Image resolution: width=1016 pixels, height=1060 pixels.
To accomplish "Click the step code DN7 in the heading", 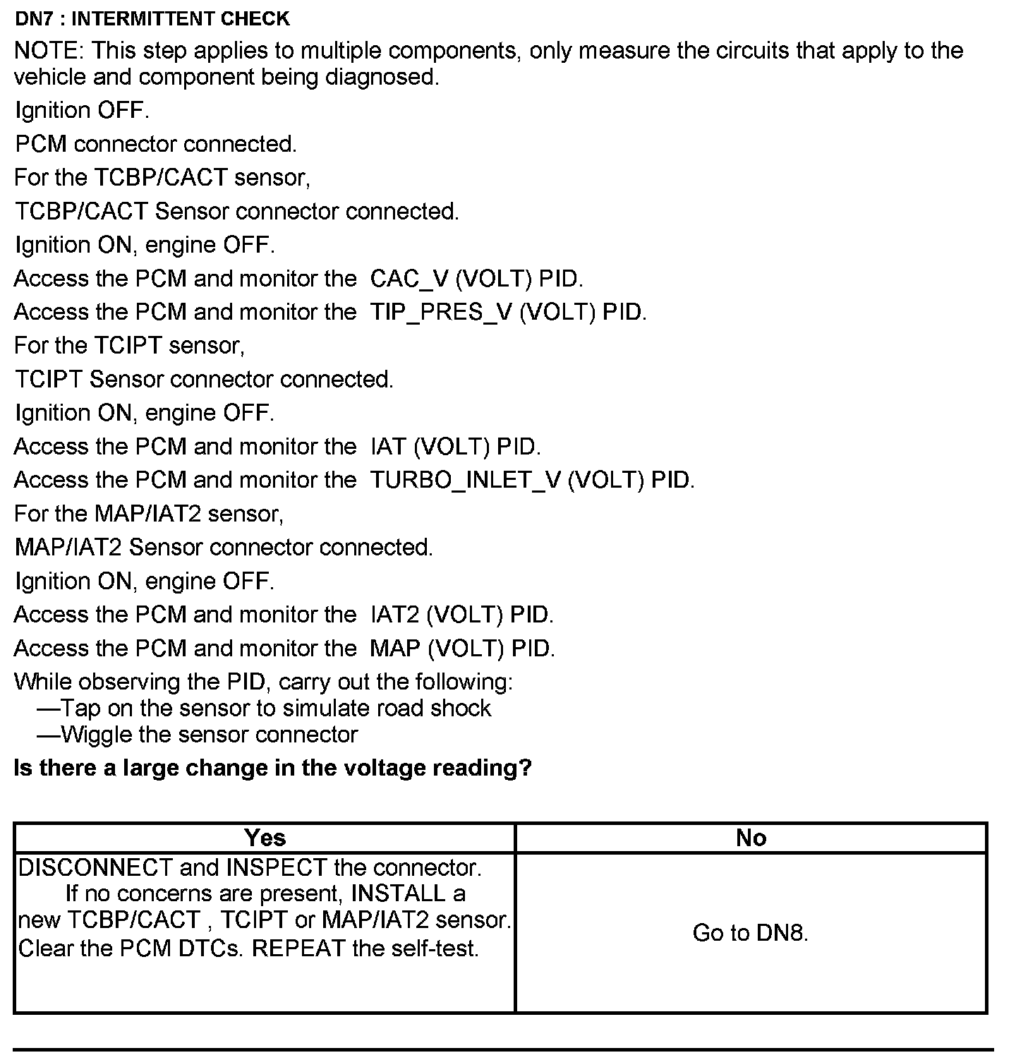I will [33, 18].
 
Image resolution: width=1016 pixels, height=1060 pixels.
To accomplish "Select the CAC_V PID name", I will [409, 279].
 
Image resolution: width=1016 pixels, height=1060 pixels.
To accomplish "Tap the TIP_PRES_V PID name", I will [441, 313].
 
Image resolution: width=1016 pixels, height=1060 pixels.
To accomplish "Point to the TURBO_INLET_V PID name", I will [466, 481].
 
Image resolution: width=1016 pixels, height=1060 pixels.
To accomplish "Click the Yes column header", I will [265, 838].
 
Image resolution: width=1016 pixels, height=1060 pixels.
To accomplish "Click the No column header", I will [750, 838].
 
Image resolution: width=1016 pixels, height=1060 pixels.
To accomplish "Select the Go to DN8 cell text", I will [750, 934].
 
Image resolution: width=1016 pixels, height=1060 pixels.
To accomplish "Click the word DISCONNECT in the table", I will [95, 867].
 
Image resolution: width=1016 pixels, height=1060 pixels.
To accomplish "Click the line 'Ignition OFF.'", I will [82, 111].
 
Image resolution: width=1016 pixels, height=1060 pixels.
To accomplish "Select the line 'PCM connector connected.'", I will [156, 145].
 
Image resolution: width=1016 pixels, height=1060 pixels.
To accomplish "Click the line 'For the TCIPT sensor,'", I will [129, 346].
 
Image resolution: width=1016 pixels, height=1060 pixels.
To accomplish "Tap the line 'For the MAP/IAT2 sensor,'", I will [149, 514].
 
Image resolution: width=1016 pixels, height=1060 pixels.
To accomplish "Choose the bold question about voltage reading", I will [272, 768].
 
